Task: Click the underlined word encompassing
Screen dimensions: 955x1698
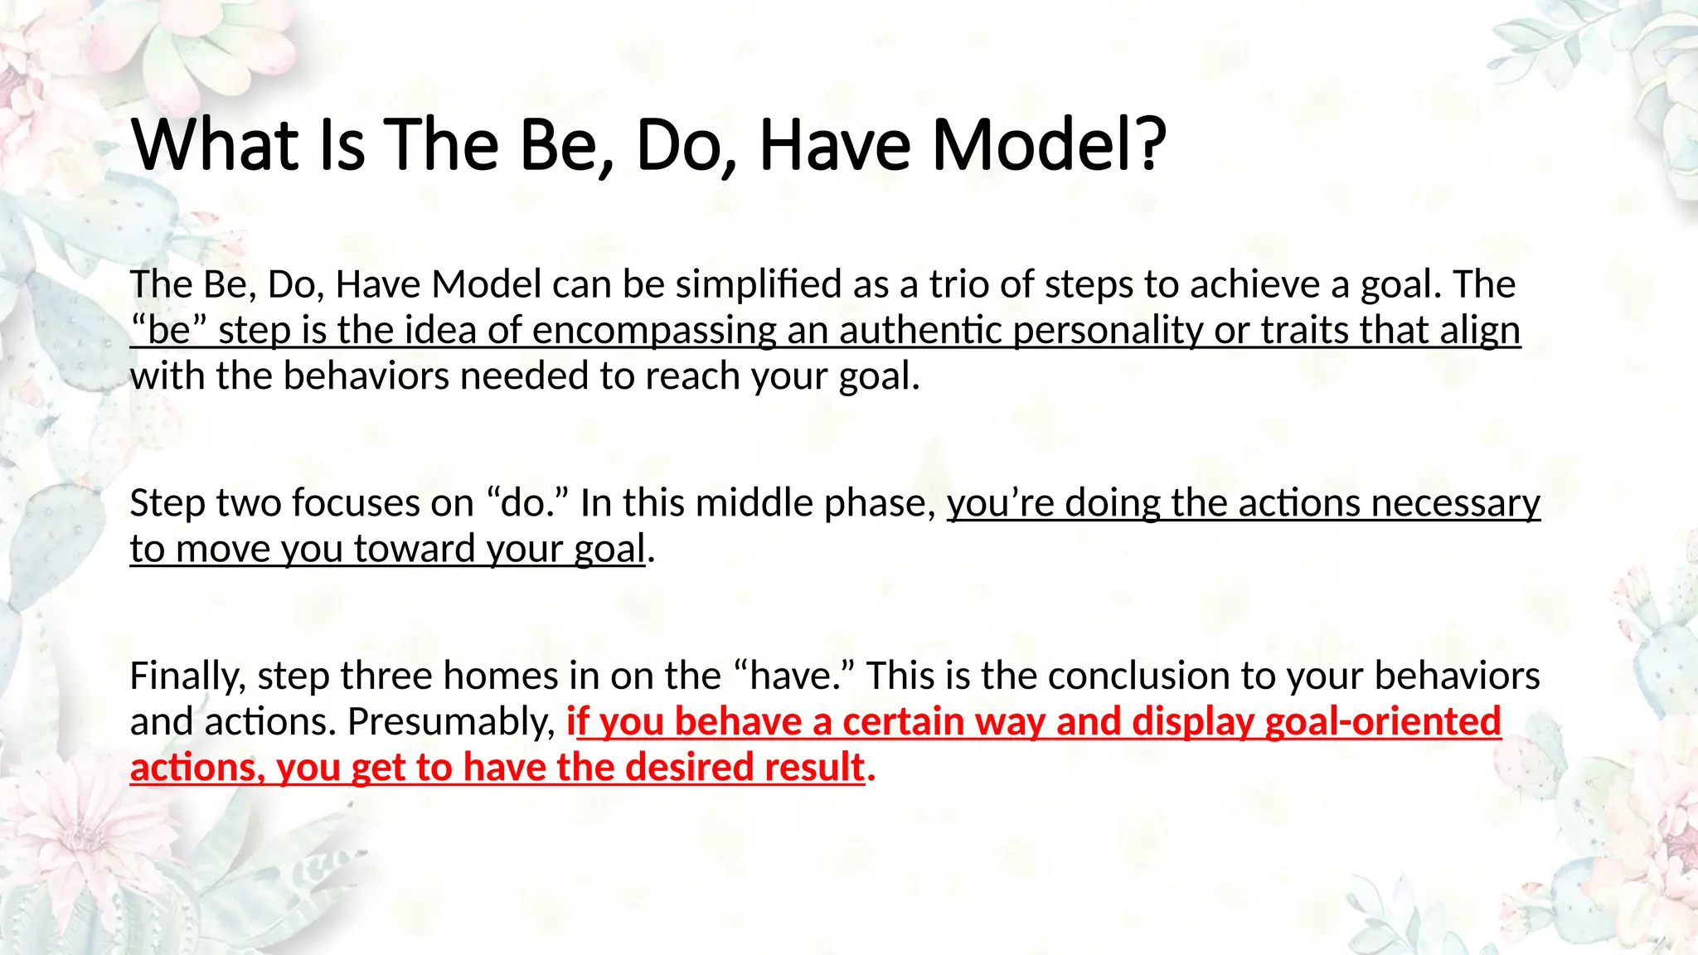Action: (654, 331)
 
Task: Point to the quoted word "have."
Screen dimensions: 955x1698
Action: (795, 676)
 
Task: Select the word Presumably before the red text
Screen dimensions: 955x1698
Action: (451, 721)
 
